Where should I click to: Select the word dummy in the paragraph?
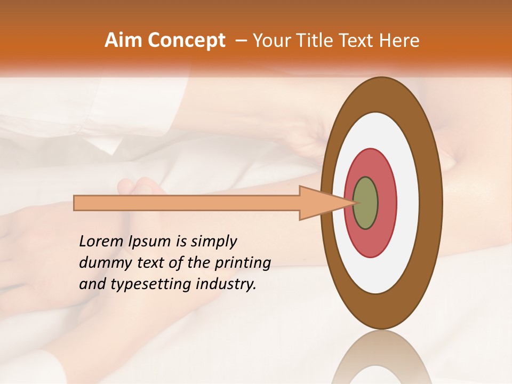103,263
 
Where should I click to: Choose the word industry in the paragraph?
225,284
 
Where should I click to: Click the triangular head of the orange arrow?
320,203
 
